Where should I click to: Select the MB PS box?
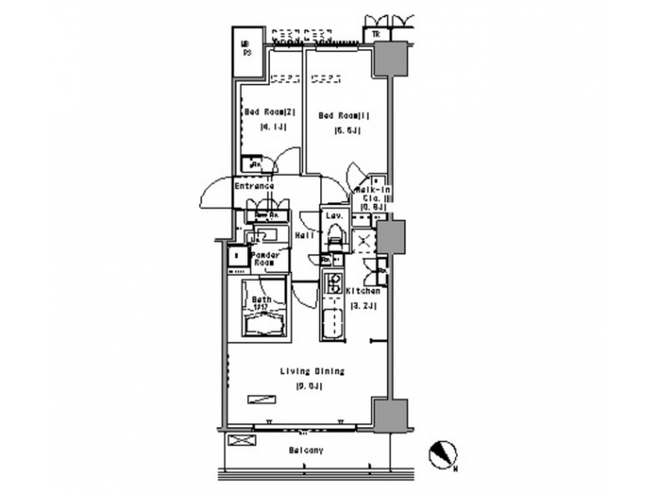click(246, 48)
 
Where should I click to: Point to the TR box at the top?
click(376, 35)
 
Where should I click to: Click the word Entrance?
click(254, 186)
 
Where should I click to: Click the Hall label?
click(305, 235)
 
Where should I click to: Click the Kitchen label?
click(363, 291)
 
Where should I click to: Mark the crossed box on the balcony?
click(242, 440)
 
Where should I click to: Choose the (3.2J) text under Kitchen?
click(363, 305)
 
